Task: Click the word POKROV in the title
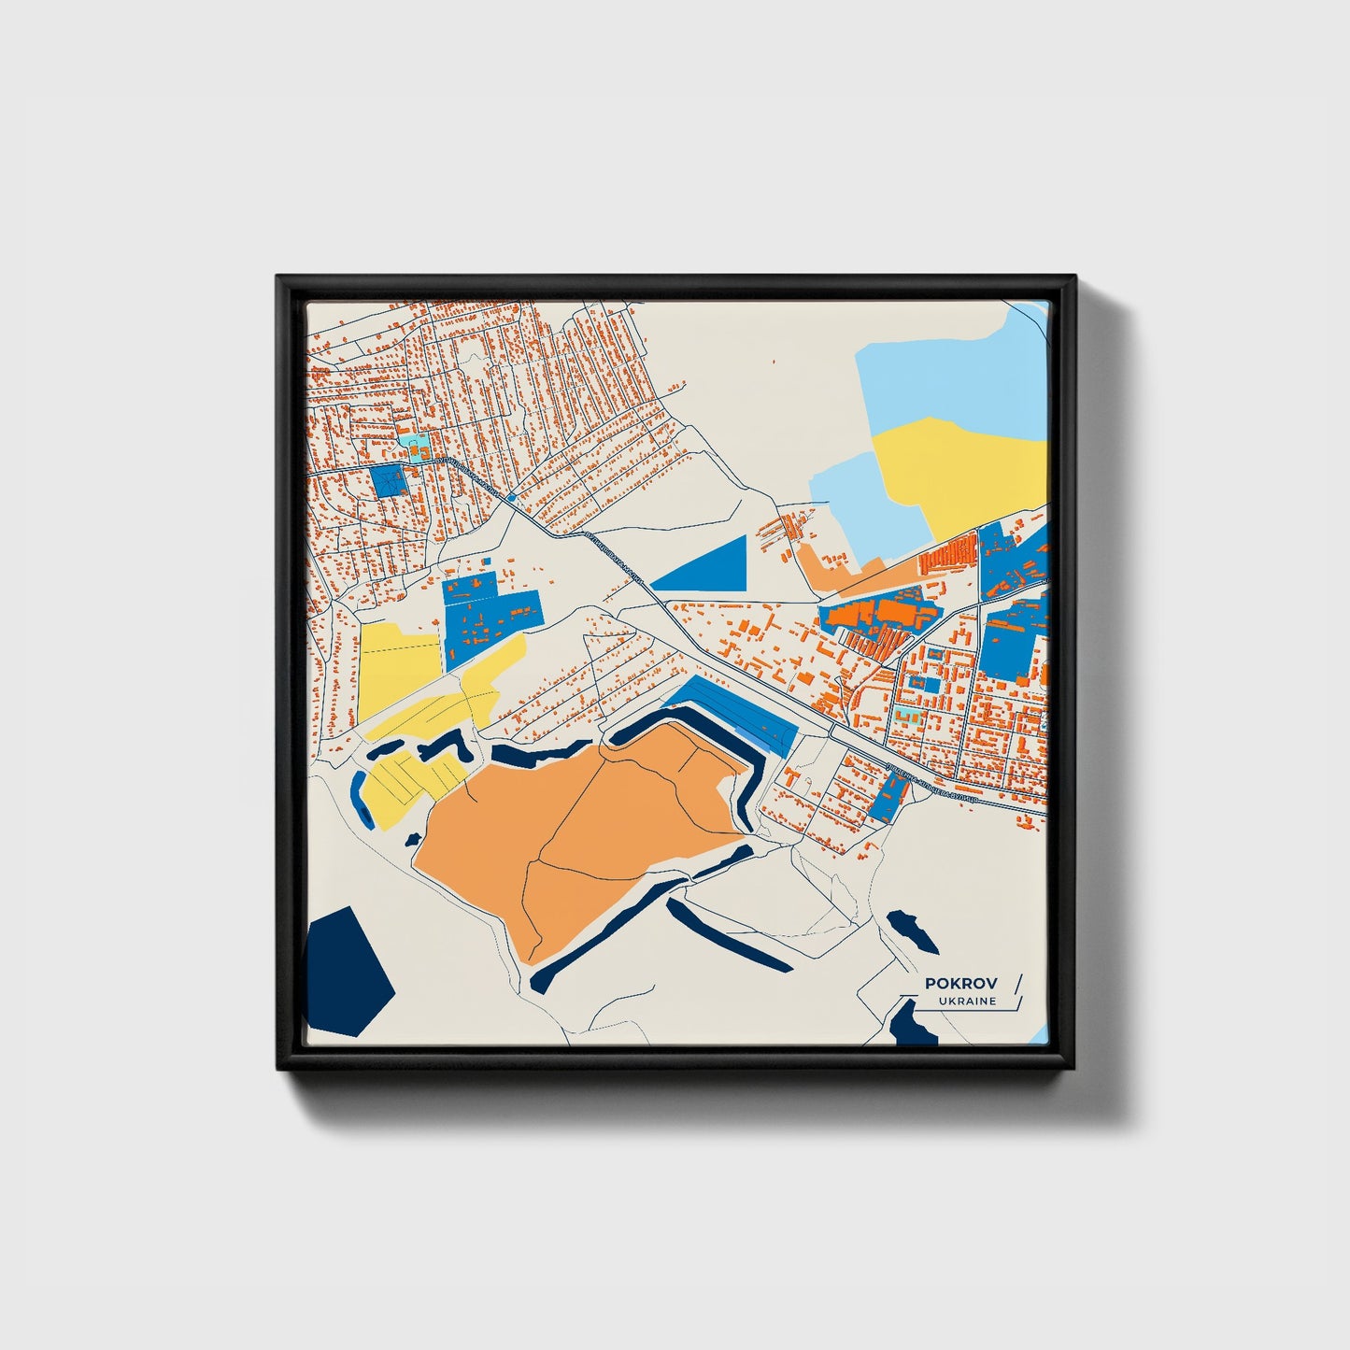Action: [960, 983]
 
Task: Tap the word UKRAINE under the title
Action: [967, 1002]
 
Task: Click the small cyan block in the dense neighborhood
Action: [412, 440]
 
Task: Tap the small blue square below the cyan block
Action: [388, 480]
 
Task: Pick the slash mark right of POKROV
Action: [1017, 983]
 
